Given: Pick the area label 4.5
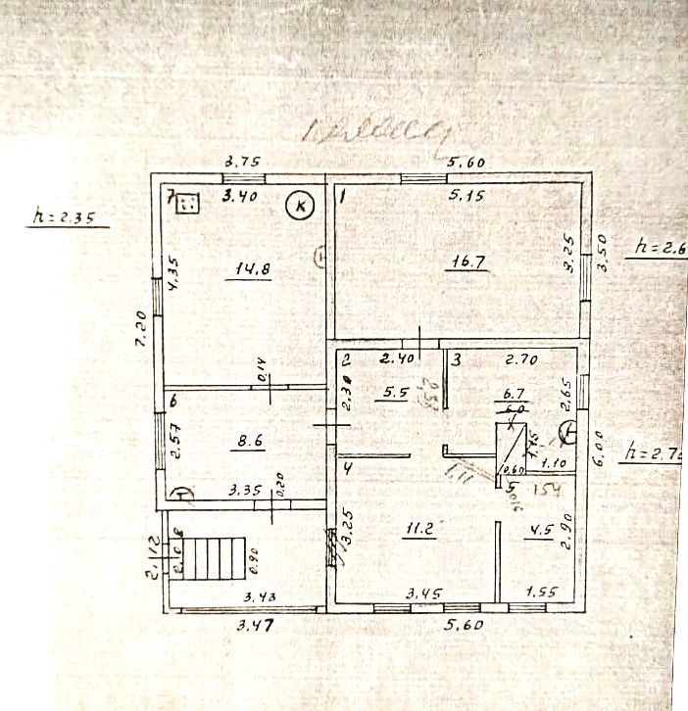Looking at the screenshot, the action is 541,533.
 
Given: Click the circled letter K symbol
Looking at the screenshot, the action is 301,206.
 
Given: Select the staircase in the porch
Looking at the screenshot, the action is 212,558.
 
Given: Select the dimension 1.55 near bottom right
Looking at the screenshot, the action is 541,593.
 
